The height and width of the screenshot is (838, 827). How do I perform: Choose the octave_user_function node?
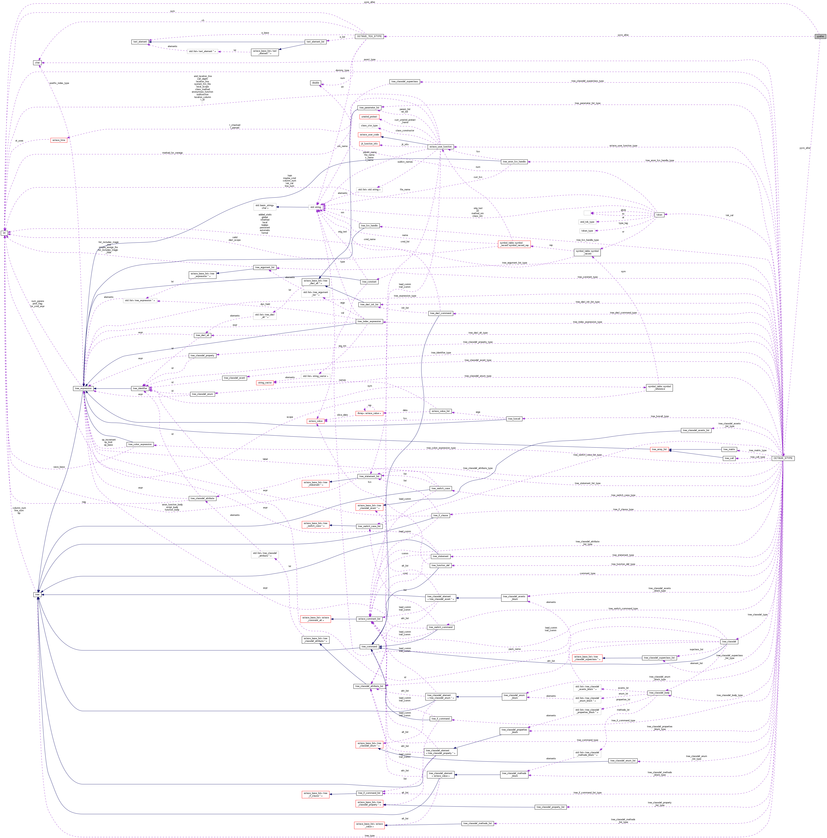(440, 147)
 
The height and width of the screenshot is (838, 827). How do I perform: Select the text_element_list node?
(315, 42)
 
